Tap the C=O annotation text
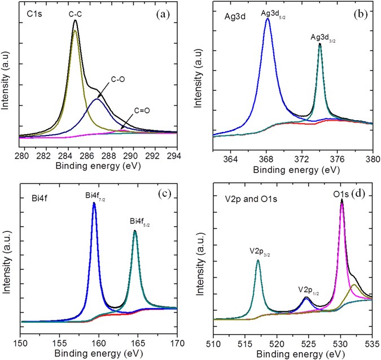click(144, 111)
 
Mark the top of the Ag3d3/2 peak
click(320, 44)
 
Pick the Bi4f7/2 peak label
click(97, 195)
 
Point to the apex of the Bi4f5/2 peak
click(135, 231)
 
